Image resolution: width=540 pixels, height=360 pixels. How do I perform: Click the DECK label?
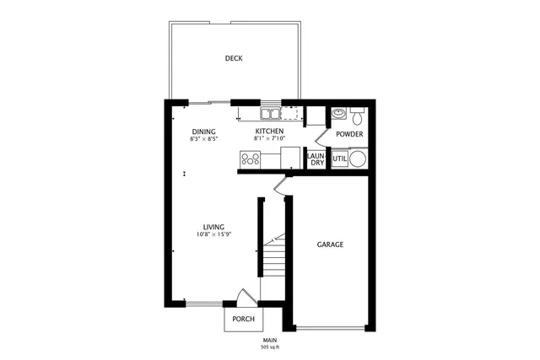234,58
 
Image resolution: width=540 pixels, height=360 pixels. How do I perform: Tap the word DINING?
203,132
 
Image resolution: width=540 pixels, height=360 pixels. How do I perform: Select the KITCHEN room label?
270,132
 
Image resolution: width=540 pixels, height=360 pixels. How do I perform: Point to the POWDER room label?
349,134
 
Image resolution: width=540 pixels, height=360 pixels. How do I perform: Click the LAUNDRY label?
316,159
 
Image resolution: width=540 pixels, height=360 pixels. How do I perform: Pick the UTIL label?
339,159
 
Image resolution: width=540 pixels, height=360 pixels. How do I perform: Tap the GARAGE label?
330,244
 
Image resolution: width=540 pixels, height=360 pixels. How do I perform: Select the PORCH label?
243,319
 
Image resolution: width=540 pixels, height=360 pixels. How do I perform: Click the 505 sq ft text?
270,347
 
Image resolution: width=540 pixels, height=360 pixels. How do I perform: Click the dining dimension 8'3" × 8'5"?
204,139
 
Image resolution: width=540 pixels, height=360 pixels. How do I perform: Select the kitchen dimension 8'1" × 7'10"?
271,139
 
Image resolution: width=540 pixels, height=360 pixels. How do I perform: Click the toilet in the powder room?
356,112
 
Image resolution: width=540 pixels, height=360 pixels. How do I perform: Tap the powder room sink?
338,112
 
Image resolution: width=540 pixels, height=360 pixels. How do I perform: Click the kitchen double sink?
271,113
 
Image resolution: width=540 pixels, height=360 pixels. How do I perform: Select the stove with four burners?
251,157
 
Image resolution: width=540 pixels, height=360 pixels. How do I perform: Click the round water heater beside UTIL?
358,158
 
